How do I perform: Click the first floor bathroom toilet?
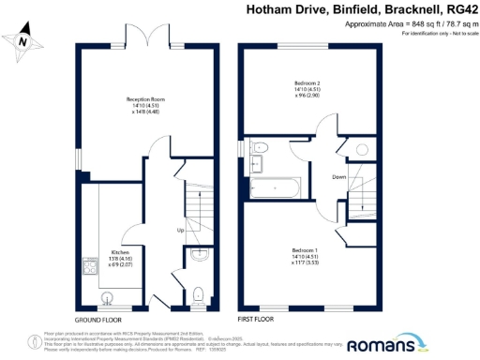click(x=261, y=148)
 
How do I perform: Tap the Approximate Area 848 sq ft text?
click(x=421, y=24)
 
